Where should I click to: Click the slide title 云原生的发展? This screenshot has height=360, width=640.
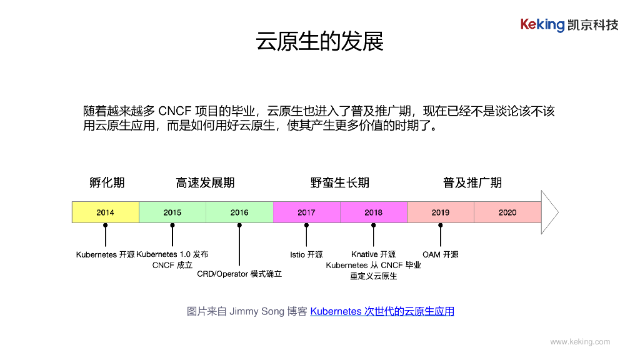(x=319, y=41)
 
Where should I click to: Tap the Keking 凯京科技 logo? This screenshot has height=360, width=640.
(x=569, y=25)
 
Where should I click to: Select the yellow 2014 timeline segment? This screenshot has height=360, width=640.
(x=105, y=212)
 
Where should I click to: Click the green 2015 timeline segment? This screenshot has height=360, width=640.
(x=172, y=212)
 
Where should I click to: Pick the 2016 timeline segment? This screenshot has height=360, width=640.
(x=239, y=212)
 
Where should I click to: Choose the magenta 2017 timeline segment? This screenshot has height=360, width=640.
(x=306, y=212)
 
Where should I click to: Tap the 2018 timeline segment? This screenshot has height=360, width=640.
(x=373, y=212)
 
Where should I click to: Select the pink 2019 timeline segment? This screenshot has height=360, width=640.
(x=440, y=212)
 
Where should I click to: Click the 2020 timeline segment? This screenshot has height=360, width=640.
(x=507, y=212)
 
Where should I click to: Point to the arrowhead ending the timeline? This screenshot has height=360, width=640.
(x=549, y=212)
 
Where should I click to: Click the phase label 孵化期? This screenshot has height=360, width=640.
(x=107, y=182)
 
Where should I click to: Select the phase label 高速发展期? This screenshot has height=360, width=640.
(x=205, y=182)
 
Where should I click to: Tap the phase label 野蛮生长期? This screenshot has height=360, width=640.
(x=339, y=182)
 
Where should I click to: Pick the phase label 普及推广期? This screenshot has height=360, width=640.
(x=472, y=182)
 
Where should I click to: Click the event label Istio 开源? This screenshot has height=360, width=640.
(x=306, y=254)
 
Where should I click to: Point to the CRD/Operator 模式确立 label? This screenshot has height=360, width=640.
(x=239, y=274)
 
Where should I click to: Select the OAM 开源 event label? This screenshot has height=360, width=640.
(x=440, y=254)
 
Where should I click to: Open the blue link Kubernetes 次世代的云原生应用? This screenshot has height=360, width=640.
(x=382, y=311)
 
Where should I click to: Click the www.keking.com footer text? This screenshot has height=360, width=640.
(x=579, y=342)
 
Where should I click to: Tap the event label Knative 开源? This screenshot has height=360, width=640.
(x=373, y=254)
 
